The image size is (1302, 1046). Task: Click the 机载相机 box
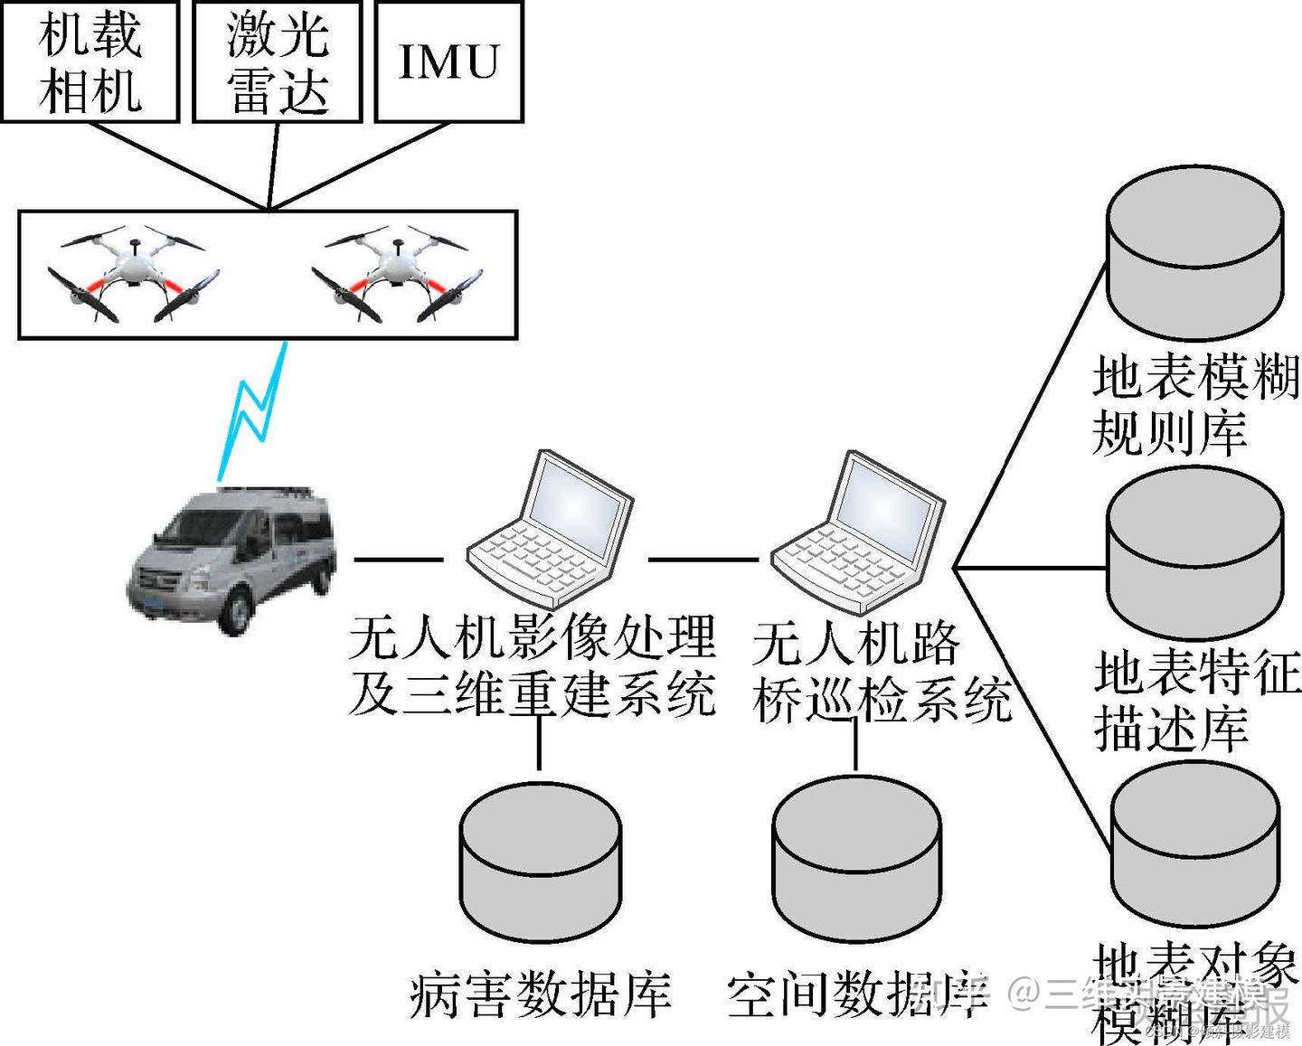(90, 61)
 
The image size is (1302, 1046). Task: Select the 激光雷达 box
(277, 61)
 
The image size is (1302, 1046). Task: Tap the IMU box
(448, 61)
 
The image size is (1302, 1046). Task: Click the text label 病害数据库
(540, 994)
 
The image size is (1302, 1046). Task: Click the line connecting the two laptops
(703, 560)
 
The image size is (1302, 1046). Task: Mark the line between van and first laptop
(398, 560)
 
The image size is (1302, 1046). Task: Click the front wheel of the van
(234, 615)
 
